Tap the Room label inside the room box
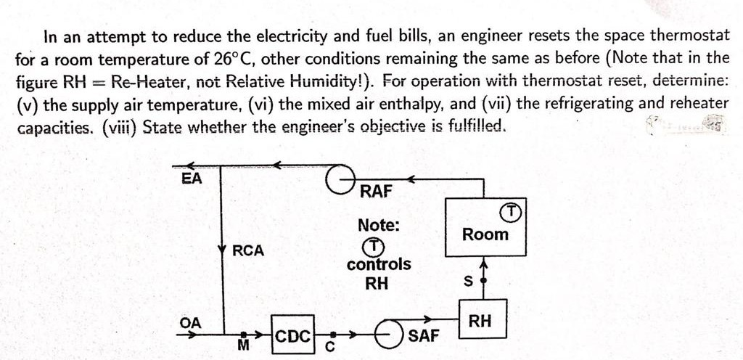[485, 234]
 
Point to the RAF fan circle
[331, 179]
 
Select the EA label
[192, 179]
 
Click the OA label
[191, 323]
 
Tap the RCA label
[248, 251]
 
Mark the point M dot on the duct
[244, 335]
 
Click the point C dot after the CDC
[332, 335]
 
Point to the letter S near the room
[469, 282]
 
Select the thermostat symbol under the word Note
[375, 246]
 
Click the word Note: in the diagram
[379, 225]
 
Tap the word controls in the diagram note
[379, 264]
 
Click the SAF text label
[424, 336]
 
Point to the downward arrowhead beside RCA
[222, 249]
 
